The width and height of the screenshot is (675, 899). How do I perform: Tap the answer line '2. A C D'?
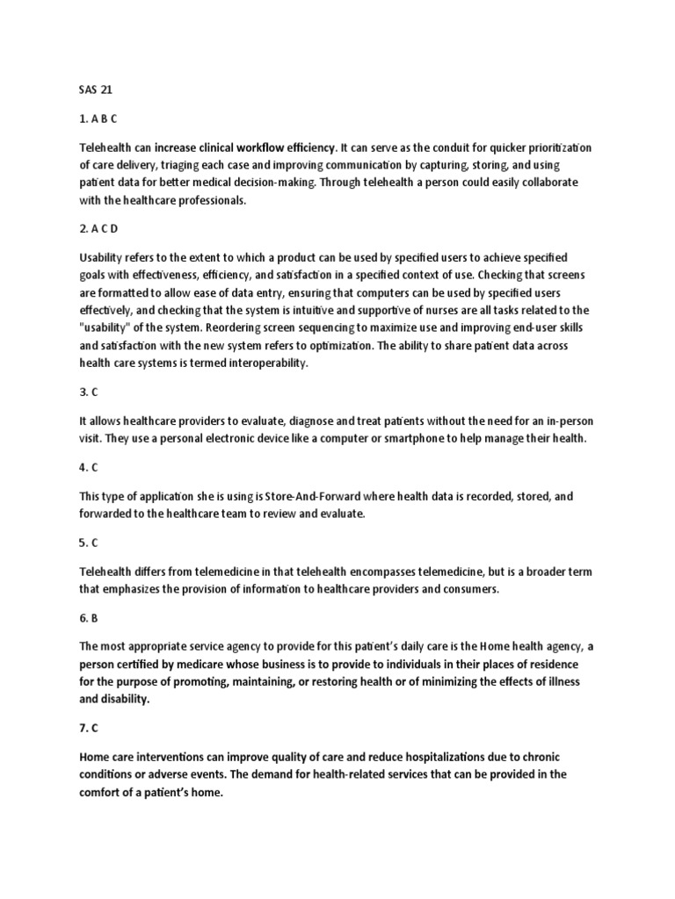pos(98,228)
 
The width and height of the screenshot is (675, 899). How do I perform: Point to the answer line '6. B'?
pos(89,618)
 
